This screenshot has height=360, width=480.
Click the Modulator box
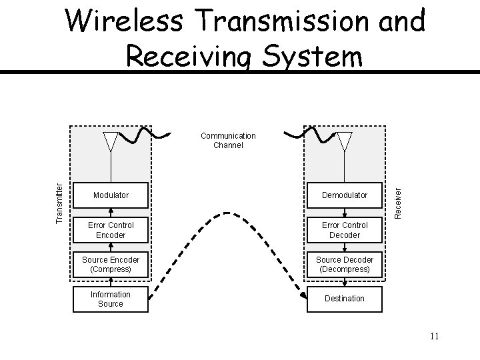pyautogui.click(x=111, y=195)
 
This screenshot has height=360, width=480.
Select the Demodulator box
pyautogui.click(x=344, y=195)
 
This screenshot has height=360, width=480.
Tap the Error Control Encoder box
pyautogui.click(x=111, y=230)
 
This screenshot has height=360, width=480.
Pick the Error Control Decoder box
pyautogui.click(x=344, y=230)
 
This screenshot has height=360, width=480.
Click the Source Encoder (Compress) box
pyautogui.click(x=111, y=265)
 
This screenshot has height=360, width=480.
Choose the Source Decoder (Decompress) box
pyautogui.click(x=344, y=265)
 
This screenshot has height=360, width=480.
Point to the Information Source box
pyautogui.click(x=111, y=299)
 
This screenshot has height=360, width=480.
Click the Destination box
pyautogui.click(x=344, y=299)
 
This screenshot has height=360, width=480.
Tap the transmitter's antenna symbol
pyautogui.click(x=111, y=143)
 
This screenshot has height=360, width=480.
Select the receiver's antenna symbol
pyautogui.click(x=344, y=143)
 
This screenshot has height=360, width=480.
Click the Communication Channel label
pyautogui.click(x=228, y=140)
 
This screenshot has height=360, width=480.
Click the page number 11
pyautogui.click(x=434, y=337)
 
